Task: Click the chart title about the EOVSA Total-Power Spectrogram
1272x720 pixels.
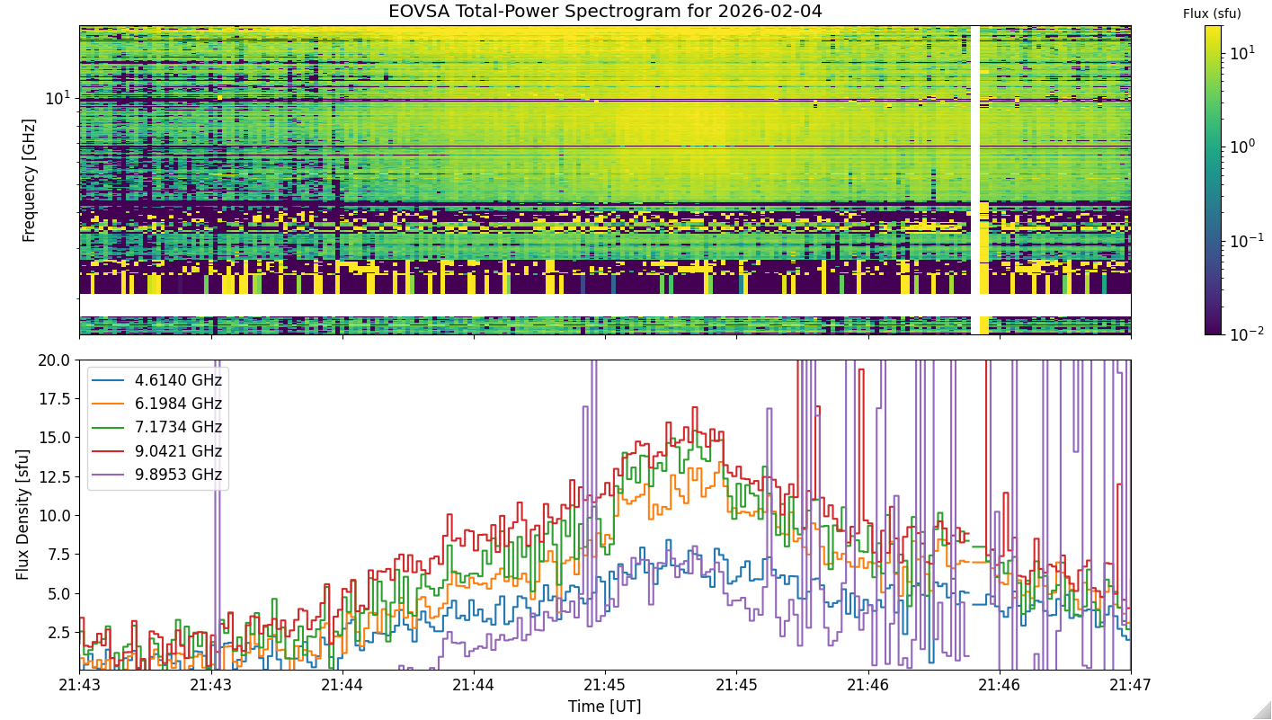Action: point(605,12)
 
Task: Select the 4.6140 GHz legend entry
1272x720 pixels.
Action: point(156,380)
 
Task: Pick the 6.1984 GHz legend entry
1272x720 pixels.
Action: point(156,404)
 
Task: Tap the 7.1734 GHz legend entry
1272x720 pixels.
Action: point(156,427)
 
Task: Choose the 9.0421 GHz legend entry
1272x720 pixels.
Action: point(156,451)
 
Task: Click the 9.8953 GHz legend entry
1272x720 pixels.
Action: point(156,474)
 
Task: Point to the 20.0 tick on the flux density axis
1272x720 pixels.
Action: point(53,360)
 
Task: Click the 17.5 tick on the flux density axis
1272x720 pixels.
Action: point(53,399)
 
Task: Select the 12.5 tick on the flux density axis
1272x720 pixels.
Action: point(53,477)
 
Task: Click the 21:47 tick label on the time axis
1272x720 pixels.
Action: point(1130,685)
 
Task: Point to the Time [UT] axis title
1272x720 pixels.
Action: point(605,707)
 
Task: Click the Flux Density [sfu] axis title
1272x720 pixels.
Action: point(22,515)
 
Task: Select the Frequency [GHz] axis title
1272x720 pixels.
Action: point(29,181)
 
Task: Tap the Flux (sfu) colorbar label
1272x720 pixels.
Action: point(1212,13)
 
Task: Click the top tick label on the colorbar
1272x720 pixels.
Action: point(1242,53)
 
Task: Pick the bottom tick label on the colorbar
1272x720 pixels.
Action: point(1247,334)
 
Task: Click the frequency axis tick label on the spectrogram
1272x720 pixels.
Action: point(58,98)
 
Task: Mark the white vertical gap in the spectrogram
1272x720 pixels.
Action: point(975,180)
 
